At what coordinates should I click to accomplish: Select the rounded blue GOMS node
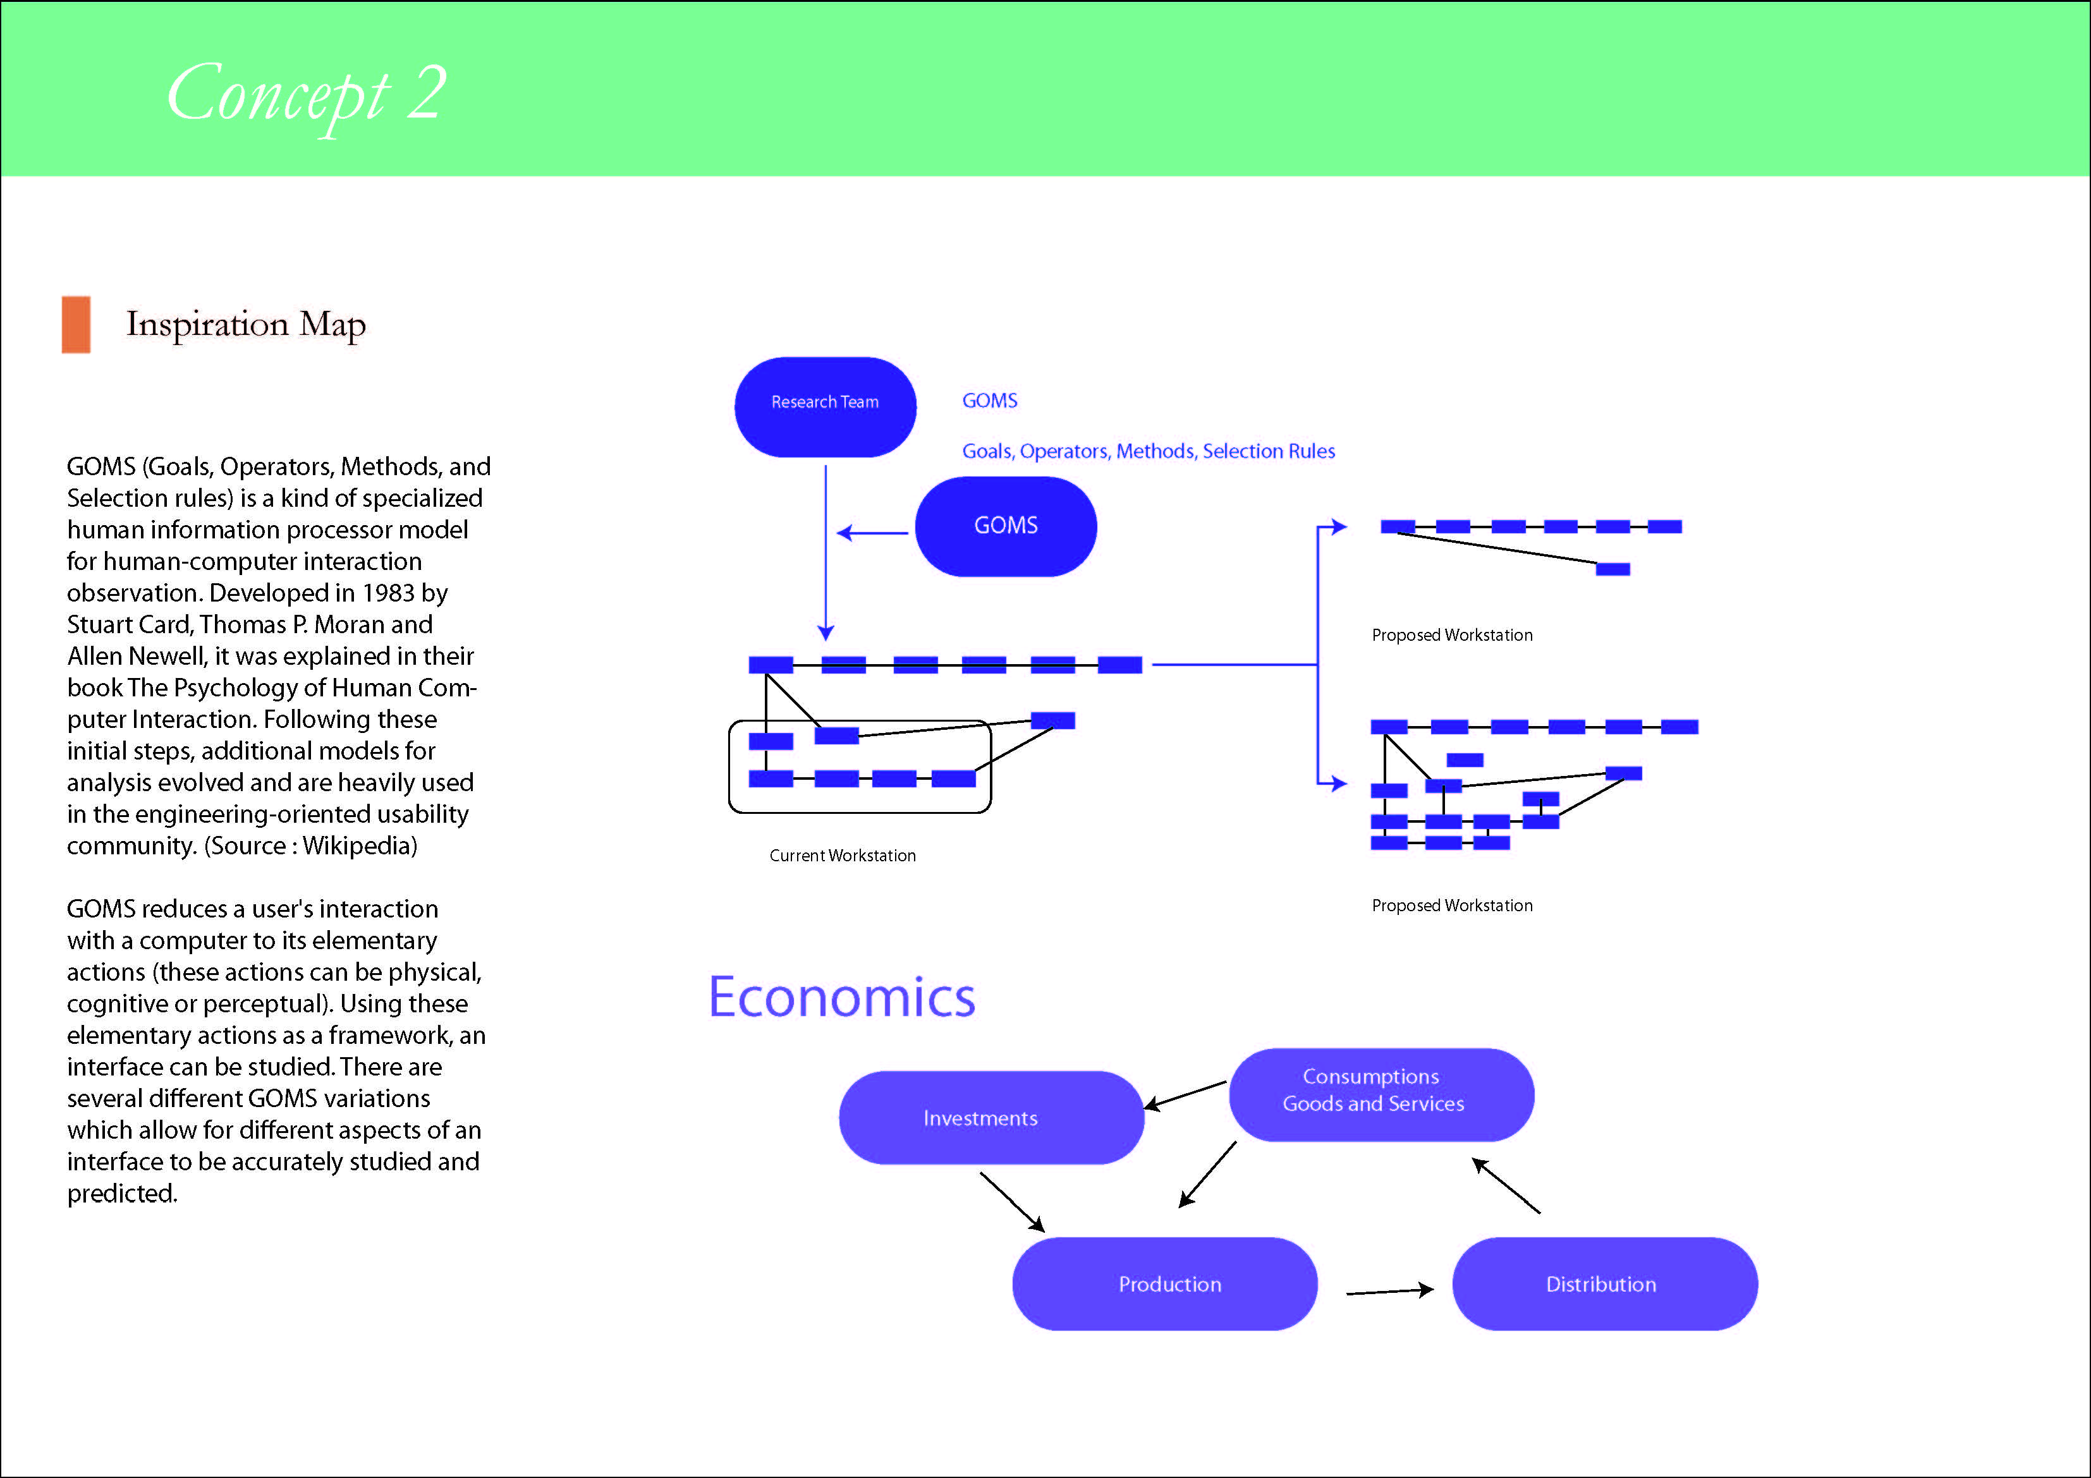pyautogui.click(x=1006, y=526)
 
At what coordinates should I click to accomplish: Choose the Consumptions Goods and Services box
pyautogui.click(x=1381, y=1094)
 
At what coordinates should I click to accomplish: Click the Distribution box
pyautogui.click(x=1604, y=1283)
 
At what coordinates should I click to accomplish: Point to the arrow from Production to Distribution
pyautogui.click(x=1390, y=1290)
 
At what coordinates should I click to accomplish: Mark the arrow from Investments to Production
pyautogui.click(x=1013, y=1202)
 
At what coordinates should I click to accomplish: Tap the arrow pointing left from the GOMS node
pyautogui.click(x=872, y=533)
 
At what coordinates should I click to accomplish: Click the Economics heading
pyautogui.click(x=841, y=997)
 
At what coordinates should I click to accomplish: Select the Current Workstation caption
pyautogui.click(x=843, y=855)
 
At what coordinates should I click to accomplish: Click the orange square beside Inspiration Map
pyautogui.click(x=76, y=324)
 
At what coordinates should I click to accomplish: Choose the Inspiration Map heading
pyautogui.click(x=246, y=324)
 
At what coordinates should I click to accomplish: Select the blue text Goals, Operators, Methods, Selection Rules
pyautogui.click(x=1149, y=451)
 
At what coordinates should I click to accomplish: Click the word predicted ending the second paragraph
pyautogui.click(x=121, y=1194)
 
